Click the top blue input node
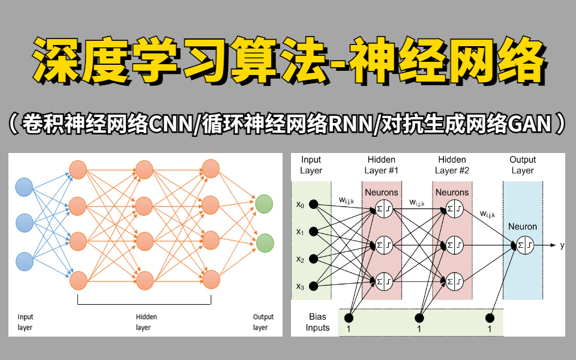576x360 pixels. (25, 187)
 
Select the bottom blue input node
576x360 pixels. (25, 262)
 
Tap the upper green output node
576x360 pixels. (264, 205)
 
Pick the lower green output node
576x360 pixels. (264, 243)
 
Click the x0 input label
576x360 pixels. (300, 205)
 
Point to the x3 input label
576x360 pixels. (300, 287)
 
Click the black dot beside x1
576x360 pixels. (317, 232)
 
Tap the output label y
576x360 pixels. (562, 245)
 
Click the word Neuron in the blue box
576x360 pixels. (523, 227)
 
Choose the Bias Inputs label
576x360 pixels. (318, 322)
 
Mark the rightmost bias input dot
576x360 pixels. (490, 318)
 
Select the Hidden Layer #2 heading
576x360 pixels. (452, 165)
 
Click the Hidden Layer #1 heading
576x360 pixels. (382, 165)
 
